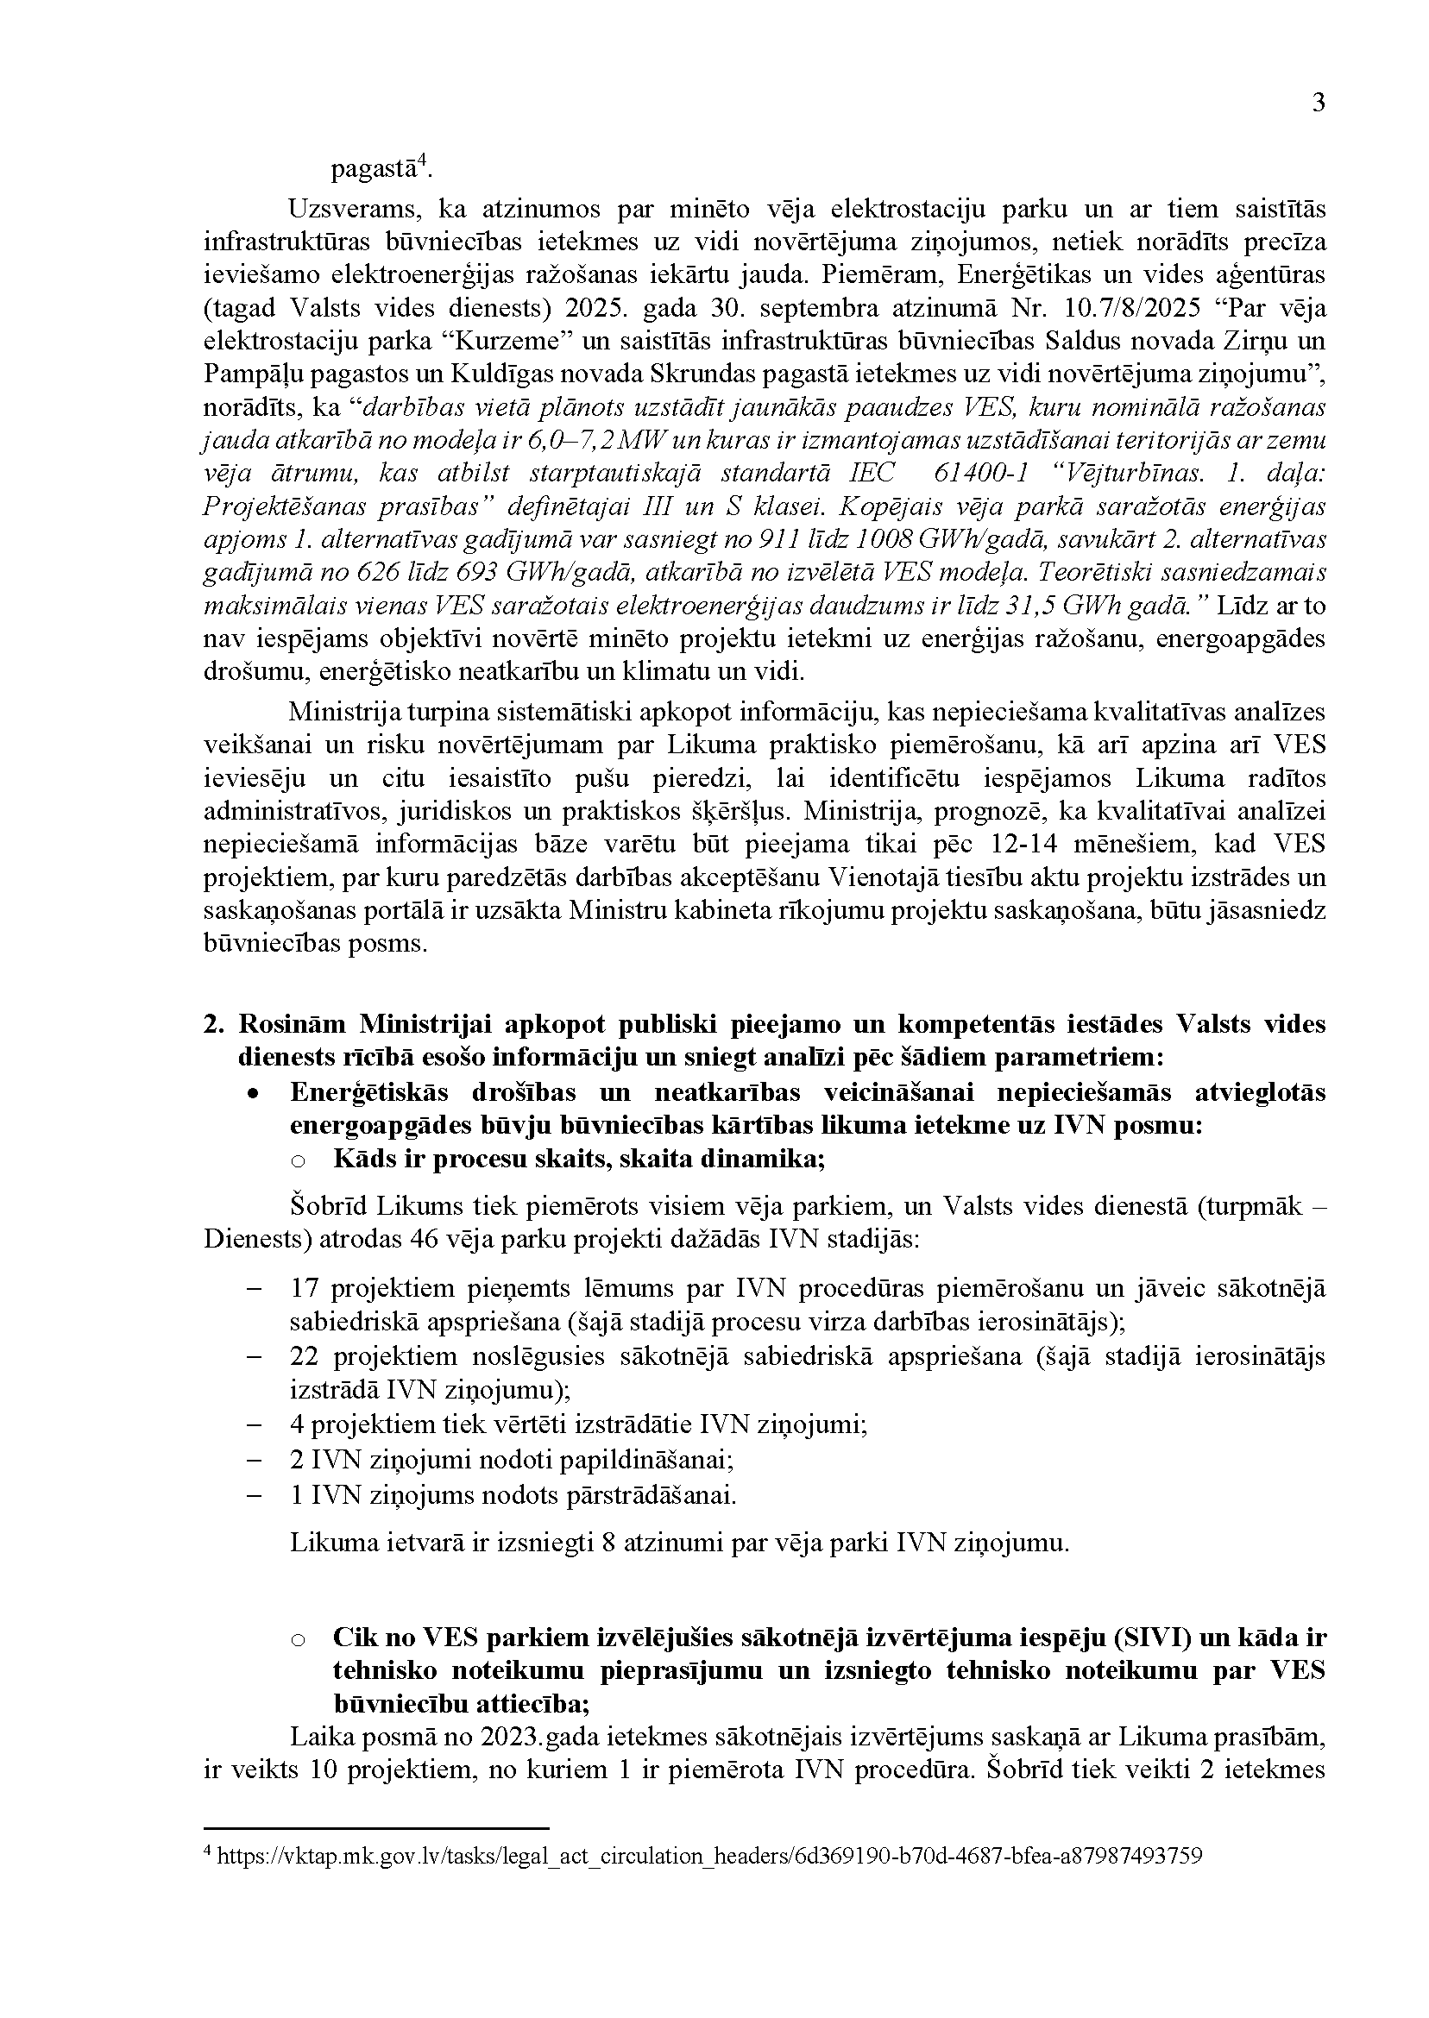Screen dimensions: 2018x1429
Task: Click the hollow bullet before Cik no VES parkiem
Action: click(298, 1640)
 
